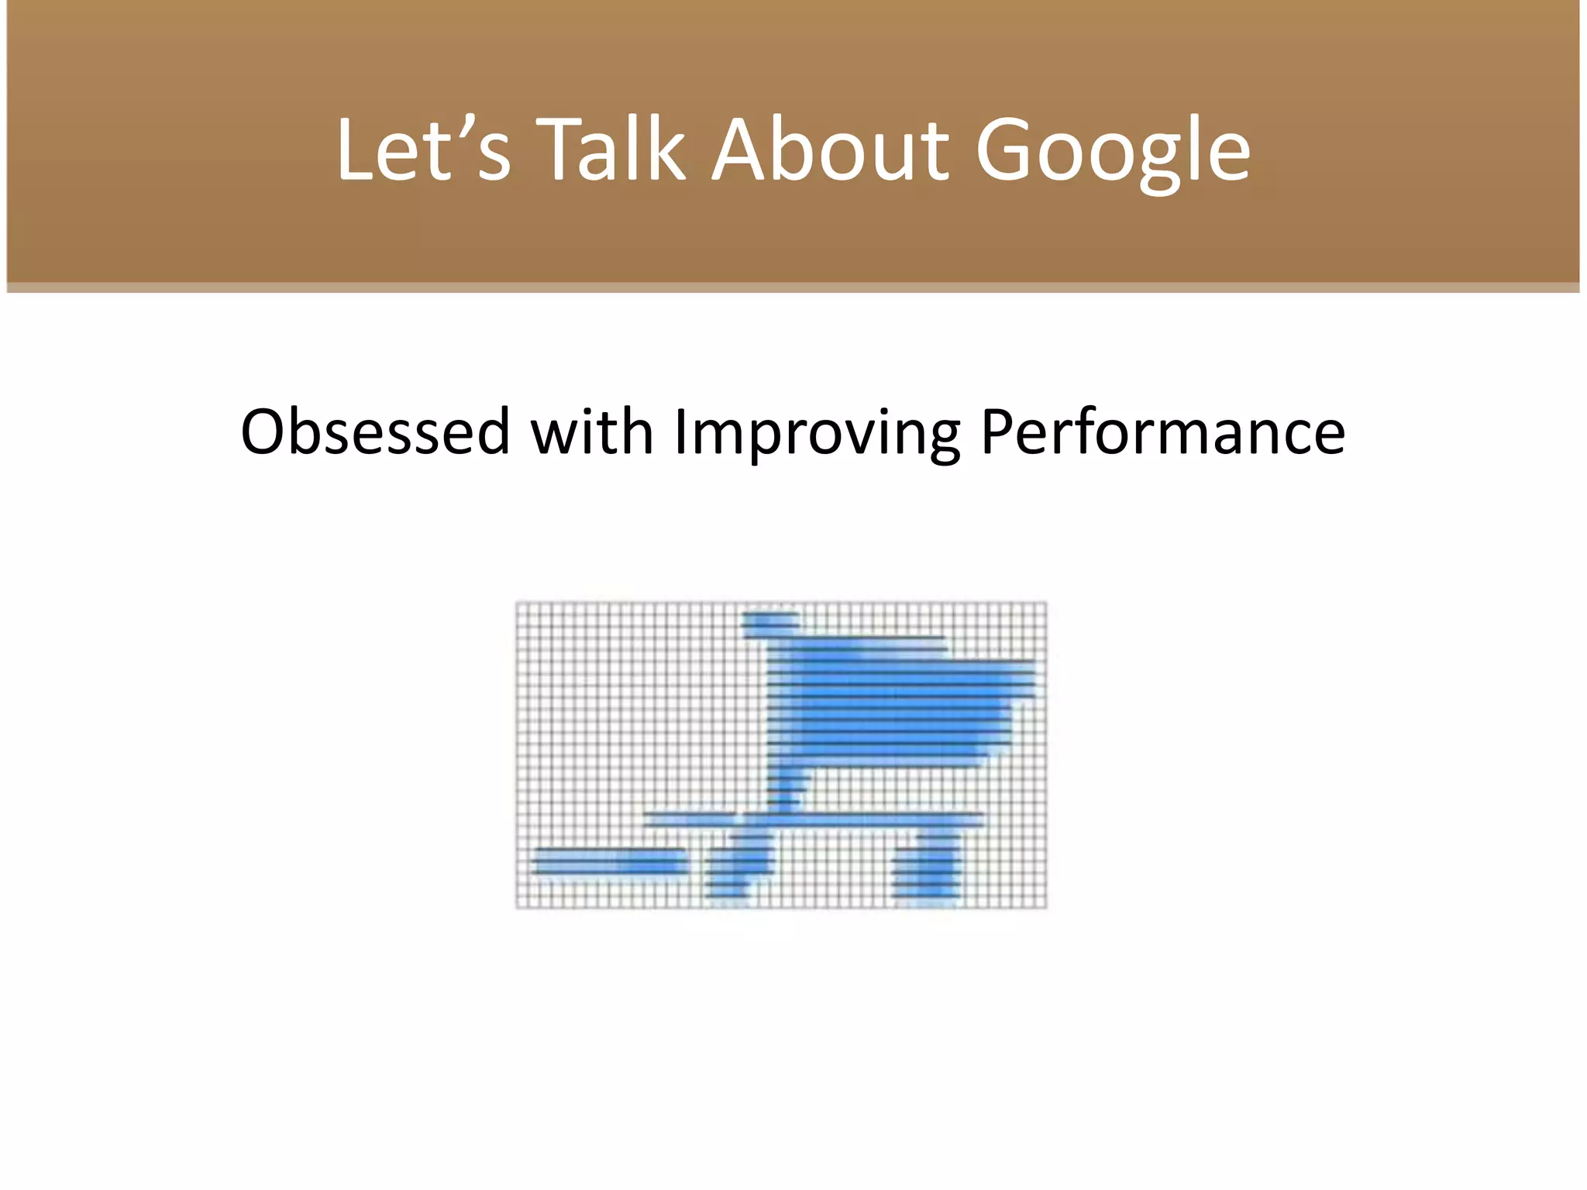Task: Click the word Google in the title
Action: (x=1113, y=151)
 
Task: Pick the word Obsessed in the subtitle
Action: (x=375, y=432)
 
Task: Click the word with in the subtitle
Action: (x=592, y=432)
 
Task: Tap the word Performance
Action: (x=1162, y=432)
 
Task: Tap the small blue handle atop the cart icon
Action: (x=769, y=620)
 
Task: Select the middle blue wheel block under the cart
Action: (x=742, y=864)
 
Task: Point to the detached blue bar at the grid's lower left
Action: (x=610, y=862)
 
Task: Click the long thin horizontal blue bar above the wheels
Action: (x=814, y=819)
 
